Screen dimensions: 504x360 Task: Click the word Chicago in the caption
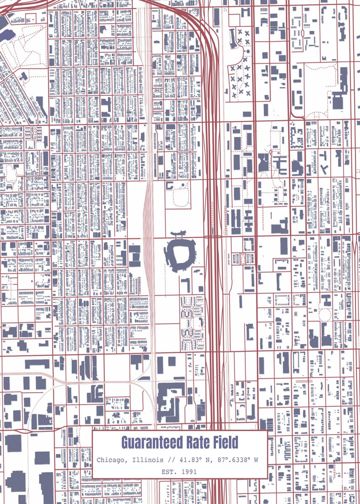click(111, 460)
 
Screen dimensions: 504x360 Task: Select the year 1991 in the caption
click(189, 472)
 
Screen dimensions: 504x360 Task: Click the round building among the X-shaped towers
click(248, 51)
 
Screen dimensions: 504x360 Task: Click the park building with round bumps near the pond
click(23, 76)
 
